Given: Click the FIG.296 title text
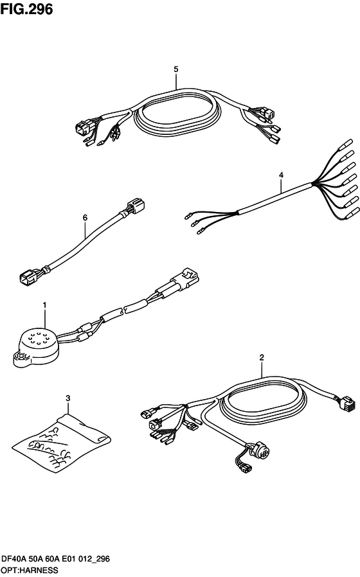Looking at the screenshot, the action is tap(26, 9).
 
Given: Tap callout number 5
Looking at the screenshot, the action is tap(176, 69).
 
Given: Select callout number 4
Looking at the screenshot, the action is tap(281, 175).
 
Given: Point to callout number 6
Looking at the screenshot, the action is tap(85, 218).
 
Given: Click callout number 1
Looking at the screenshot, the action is tap(44, 305).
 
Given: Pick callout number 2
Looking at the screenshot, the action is tap(262, 357).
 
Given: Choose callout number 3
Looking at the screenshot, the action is tap(67, 398).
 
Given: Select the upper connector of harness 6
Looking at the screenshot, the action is tap(136, 206).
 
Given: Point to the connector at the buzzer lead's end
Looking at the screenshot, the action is tap(187, 279).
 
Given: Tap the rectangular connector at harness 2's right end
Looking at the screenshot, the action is tap(345, 404).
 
